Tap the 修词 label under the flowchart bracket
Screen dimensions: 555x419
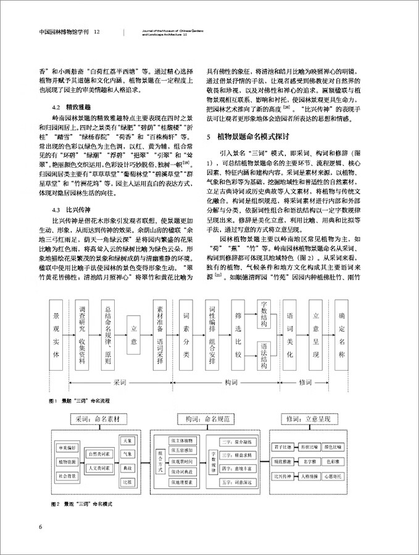(306, 382)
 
